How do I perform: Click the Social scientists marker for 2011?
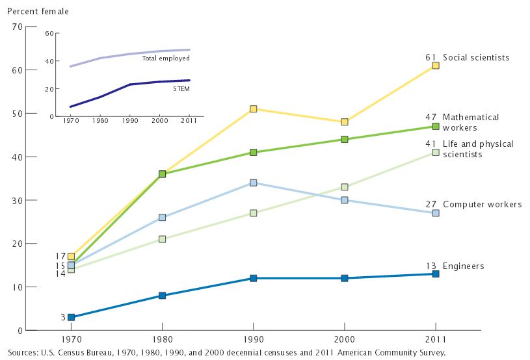[436, 66]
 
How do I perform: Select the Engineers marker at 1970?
[71, 317]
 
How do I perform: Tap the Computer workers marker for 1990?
[254, 183]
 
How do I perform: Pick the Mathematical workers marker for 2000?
[345, 139]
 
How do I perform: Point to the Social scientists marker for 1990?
[254, 109]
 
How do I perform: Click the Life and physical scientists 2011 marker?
[436, 152]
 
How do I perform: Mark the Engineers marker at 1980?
[162, 296]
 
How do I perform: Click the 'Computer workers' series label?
[482, 204]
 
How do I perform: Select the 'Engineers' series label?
[463, 266]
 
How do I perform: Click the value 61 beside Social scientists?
[431, 57]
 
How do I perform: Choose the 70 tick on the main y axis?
[18, 27]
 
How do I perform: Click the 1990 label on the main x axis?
[253, 340]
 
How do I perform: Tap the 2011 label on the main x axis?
[435, 340]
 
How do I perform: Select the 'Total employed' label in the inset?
[165, 58]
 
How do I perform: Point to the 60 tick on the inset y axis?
[48, 33]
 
